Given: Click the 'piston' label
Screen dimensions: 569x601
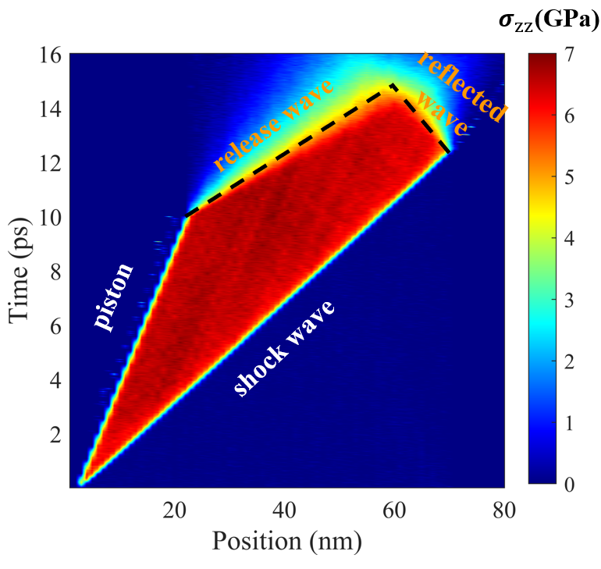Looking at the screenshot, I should (x=115, y=297).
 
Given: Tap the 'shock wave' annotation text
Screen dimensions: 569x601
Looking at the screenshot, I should (x=285, y=348).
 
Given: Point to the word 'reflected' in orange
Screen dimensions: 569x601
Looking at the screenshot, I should (x=460, y=84).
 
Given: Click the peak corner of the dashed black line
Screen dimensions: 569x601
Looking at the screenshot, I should (x=393, y=85).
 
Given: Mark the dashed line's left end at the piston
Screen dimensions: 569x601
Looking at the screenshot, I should (x=185, y=217).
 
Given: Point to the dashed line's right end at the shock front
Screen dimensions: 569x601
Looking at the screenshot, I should (x=448, y=152).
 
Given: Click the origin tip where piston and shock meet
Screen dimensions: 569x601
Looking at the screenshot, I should (x=81, y=482).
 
